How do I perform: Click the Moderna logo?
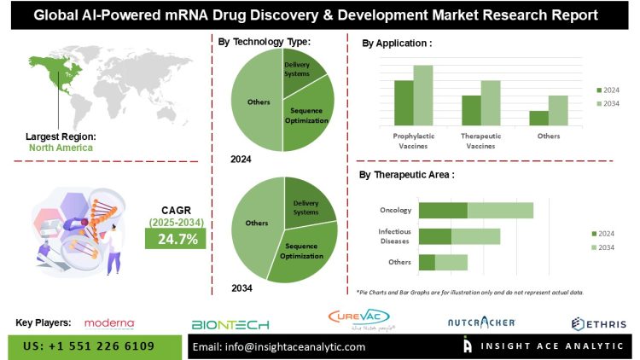(x=110, y=323)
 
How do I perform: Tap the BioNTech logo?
(x=230, y=324)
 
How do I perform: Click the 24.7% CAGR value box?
(x=175, y=239)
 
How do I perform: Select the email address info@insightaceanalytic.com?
(x=279, y=347)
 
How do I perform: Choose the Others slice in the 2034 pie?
(x=252, y=224)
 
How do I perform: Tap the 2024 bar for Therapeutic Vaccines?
(x=471, y=111)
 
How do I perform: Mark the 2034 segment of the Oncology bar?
(x=500, y=210)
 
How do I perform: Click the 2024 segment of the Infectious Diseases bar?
(x=435, y=236)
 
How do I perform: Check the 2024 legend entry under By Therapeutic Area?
(x=605, y=232)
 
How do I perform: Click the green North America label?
(x=61, y=148)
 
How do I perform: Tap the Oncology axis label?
(x=396, y=210)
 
